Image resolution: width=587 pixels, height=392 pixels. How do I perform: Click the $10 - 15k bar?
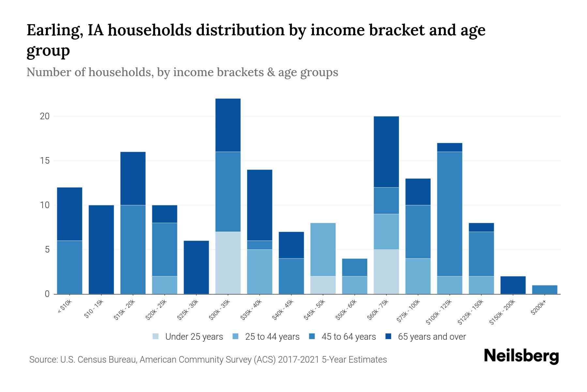pos(101,250)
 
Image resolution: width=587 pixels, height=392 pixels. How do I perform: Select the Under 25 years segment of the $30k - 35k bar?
pos(228,263)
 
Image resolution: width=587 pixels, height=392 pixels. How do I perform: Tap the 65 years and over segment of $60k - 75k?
pos(386,152)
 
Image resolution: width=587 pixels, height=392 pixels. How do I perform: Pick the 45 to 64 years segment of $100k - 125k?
pos(449,214)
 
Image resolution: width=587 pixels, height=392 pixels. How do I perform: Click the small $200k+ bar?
pos(544,290)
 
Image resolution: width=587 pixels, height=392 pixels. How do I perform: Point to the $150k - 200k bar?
pos(513,285)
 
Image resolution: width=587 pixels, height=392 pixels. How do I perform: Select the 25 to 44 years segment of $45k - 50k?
pos(323,250)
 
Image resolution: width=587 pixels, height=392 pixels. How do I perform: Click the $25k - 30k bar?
pos(196,267)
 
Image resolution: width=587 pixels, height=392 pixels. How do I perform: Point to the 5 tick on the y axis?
pos(47,250)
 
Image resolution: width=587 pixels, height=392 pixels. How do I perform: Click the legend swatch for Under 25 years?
pos(156,336)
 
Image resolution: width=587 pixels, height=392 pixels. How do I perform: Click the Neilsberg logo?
pos(521,356)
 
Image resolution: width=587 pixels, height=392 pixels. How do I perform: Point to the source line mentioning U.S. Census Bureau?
pos(208,360)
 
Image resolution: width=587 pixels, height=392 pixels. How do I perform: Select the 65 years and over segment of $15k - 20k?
pos(133,178)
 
